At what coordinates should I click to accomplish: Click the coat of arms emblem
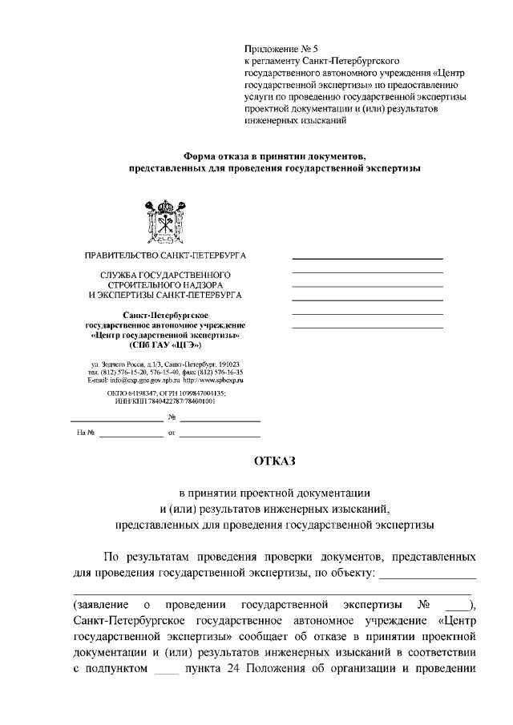coord(166,220)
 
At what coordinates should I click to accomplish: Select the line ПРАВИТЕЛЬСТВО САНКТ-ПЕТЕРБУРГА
coord(166,256)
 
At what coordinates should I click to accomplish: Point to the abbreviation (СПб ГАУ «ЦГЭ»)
coord(165,346)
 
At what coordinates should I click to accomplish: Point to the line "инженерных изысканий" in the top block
coord(295,122)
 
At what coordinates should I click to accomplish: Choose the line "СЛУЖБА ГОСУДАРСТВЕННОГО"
coord(165,275)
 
